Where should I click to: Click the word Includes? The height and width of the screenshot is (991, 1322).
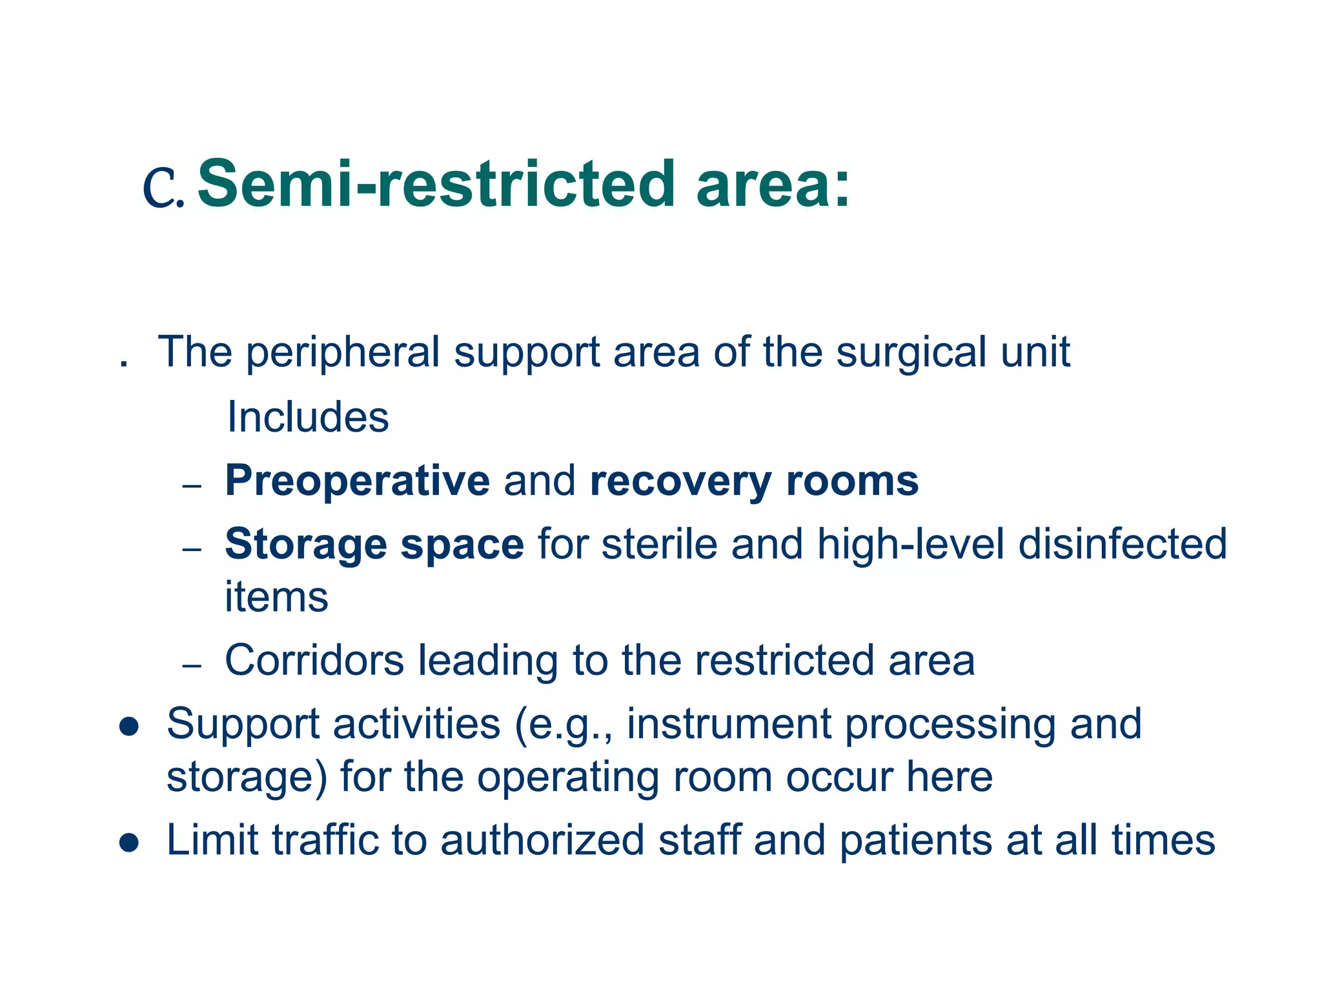(308, 417)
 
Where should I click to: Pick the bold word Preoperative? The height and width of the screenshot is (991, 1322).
(357, 482)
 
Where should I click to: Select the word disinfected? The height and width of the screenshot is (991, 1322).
(1122, 544)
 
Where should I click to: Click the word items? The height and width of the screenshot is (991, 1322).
(276, 597)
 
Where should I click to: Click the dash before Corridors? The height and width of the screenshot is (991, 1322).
(192, 665)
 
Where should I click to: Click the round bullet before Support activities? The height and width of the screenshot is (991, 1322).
(130, 726)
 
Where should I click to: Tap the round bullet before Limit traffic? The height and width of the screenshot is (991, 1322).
(130, 843)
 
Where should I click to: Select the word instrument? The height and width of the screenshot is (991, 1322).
(729, 724)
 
